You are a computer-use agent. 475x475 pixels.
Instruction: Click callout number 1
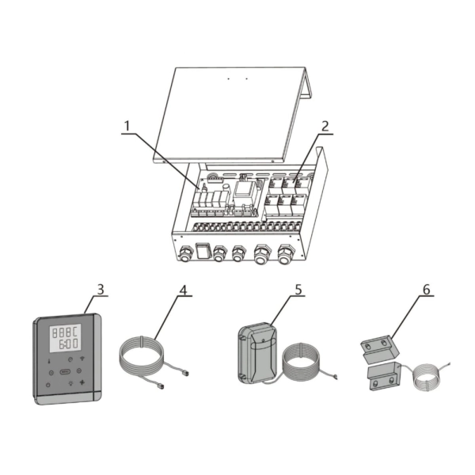point(127,126)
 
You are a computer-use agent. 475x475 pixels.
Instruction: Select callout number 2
point(325,126)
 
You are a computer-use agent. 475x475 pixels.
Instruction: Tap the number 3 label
point(101,289)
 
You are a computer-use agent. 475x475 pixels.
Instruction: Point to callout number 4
point(183,290)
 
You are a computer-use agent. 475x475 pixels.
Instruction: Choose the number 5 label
point(298,290)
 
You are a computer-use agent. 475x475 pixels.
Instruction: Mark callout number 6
point(426,290)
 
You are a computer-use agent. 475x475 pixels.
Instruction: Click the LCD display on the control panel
point(65,338)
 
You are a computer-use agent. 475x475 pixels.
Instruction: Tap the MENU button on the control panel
point(65,371)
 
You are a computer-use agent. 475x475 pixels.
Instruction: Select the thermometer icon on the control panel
point(49,361)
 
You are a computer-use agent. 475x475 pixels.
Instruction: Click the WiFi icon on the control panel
point(82,359)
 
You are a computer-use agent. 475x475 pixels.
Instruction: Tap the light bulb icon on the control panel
point(70,383)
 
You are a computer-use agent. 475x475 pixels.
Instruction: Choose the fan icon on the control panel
point(82,382)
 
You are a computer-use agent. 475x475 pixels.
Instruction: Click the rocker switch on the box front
point(202,251)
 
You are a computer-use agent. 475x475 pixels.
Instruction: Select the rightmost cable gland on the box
point(286,254)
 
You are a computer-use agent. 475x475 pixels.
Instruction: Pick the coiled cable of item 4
point(142,353)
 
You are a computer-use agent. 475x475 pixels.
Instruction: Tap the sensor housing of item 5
point(256,351)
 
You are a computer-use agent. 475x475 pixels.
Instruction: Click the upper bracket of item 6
point(379,349)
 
